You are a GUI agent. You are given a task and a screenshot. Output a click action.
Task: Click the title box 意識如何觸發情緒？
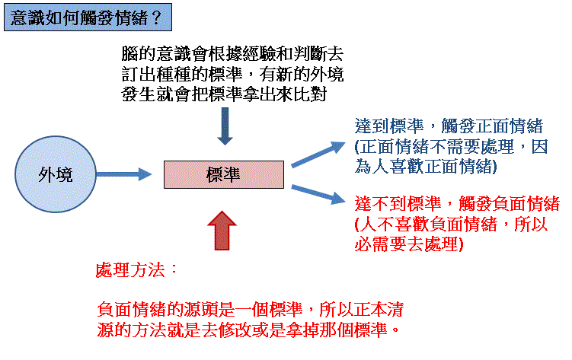[88, 18]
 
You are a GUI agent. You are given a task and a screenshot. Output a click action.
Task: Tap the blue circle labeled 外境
[56, 174]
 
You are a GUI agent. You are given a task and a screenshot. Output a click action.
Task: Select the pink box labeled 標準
[224, 174]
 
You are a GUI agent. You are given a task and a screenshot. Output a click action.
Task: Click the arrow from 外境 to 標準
[124, 174]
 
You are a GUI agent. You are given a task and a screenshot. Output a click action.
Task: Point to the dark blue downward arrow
[225, 126]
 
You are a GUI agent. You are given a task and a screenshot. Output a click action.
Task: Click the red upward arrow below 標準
[222, 231]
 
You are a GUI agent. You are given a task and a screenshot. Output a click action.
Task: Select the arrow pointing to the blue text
[318, 155]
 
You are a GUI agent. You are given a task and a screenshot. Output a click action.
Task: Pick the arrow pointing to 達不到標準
[318, 194]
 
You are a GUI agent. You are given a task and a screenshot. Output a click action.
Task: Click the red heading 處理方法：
[136, 270]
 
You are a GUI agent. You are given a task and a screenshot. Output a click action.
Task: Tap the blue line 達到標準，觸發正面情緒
[449, 126]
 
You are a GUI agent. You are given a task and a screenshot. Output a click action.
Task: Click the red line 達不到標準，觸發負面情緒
[457, 203]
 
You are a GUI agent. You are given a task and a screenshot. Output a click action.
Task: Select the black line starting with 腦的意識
[232, 54]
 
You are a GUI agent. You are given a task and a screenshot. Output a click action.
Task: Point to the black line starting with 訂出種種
[232, 75]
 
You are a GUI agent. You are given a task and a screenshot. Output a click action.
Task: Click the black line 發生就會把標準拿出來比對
[224, 94]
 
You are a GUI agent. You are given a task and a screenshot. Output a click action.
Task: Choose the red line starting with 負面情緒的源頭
[251, 309]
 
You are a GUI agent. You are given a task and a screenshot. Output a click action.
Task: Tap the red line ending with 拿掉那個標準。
[249, 330]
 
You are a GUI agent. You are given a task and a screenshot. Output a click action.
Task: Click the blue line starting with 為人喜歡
[426, 167]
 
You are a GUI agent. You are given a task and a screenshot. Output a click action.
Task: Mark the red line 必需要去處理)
[409, 244]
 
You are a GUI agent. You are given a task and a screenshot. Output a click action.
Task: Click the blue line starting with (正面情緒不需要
[451, 146]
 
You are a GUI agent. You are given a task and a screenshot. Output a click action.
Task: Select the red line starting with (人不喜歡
[451, 224]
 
